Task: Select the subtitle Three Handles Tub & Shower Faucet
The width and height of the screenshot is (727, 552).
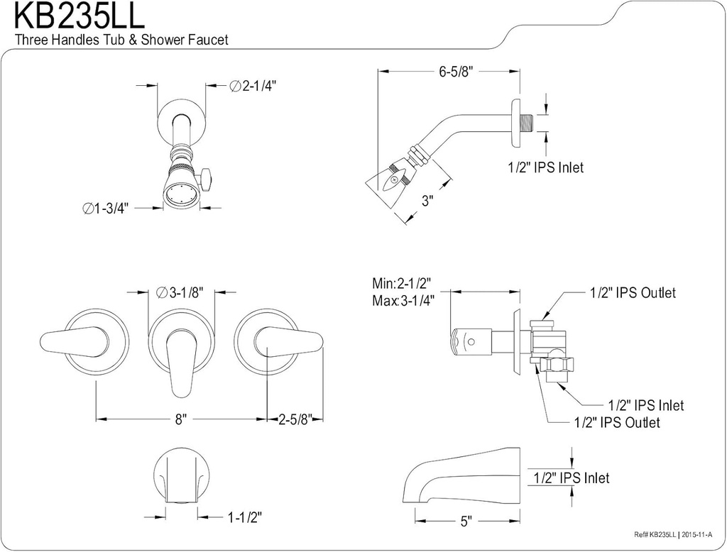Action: pos(121,40)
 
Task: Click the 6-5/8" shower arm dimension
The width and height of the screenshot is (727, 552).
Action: pos(455,71)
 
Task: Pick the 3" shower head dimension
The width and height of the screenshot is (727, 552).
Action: pos(427,201)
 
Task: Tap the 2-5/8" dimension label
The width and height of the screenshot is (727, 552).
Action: pos(295,419)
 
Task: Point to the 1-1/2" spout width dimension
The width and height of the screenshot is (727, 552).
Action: pos(245,518)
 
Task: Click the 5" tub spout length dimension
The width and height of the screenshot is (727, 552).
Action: pos(466,521)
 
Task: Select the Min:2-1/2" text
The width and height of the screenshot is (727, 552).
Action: pos(402,282)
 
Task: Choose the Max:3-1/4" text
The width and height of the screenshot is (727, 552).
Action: pos(403,299)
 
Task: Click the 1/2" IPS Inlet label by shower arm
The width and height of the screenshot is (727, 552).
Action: pos(545,167)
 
